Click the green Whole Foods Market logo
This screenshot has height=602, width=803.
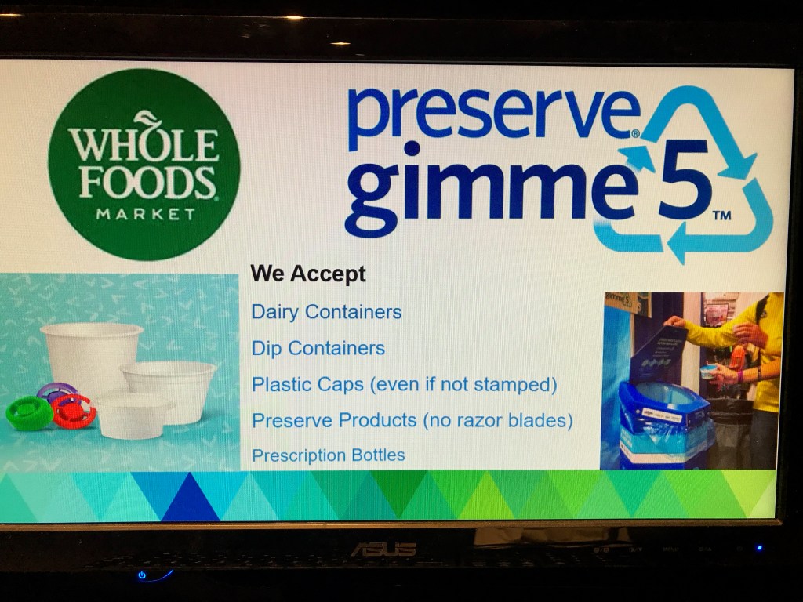(x=144, y=165)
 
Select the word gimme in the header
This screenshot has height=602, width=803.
(x=489, y=190)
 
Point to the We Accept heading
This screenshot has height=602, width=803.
(x=308, y=274)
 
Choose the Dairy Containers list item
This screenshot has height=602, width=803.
(x=327, y=312)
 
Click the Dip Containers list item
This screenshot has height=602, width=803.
(x=318, y=348)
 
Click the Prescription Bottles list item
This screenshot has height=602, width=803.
(x=329, y=455)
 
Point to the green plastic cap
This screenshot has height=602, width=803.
(x=29, y=412)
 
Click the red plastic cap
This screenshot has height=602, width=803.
(x=74, y=411)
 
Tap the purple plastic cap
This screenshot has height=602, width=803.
(x=56, y=391)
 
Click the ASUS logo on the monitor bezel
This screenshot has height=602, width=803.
(x=383, y=549)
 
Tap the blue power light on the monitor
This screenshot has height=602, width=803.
(x=142, y=575)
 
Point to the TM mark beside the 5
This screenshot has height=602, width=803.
(x=721, y=215)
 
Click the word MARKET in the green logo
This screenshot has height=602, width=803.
(x=146, y=213)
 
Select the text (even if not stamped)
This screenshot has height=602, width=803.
(x=463, y=384)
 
